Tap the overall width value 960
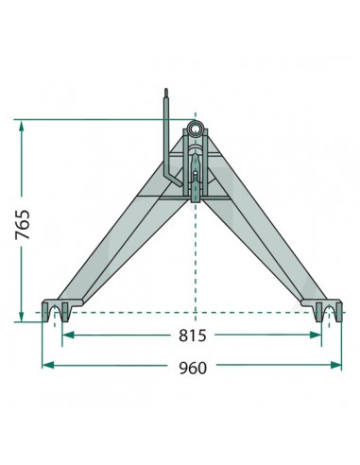point(193,367)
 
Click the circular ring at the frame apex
point(196,128)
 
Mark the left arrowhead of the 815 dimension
point(69,335)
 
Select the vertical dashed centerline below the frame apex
point(196,255)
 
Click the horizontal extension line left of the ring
point(94,119)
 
